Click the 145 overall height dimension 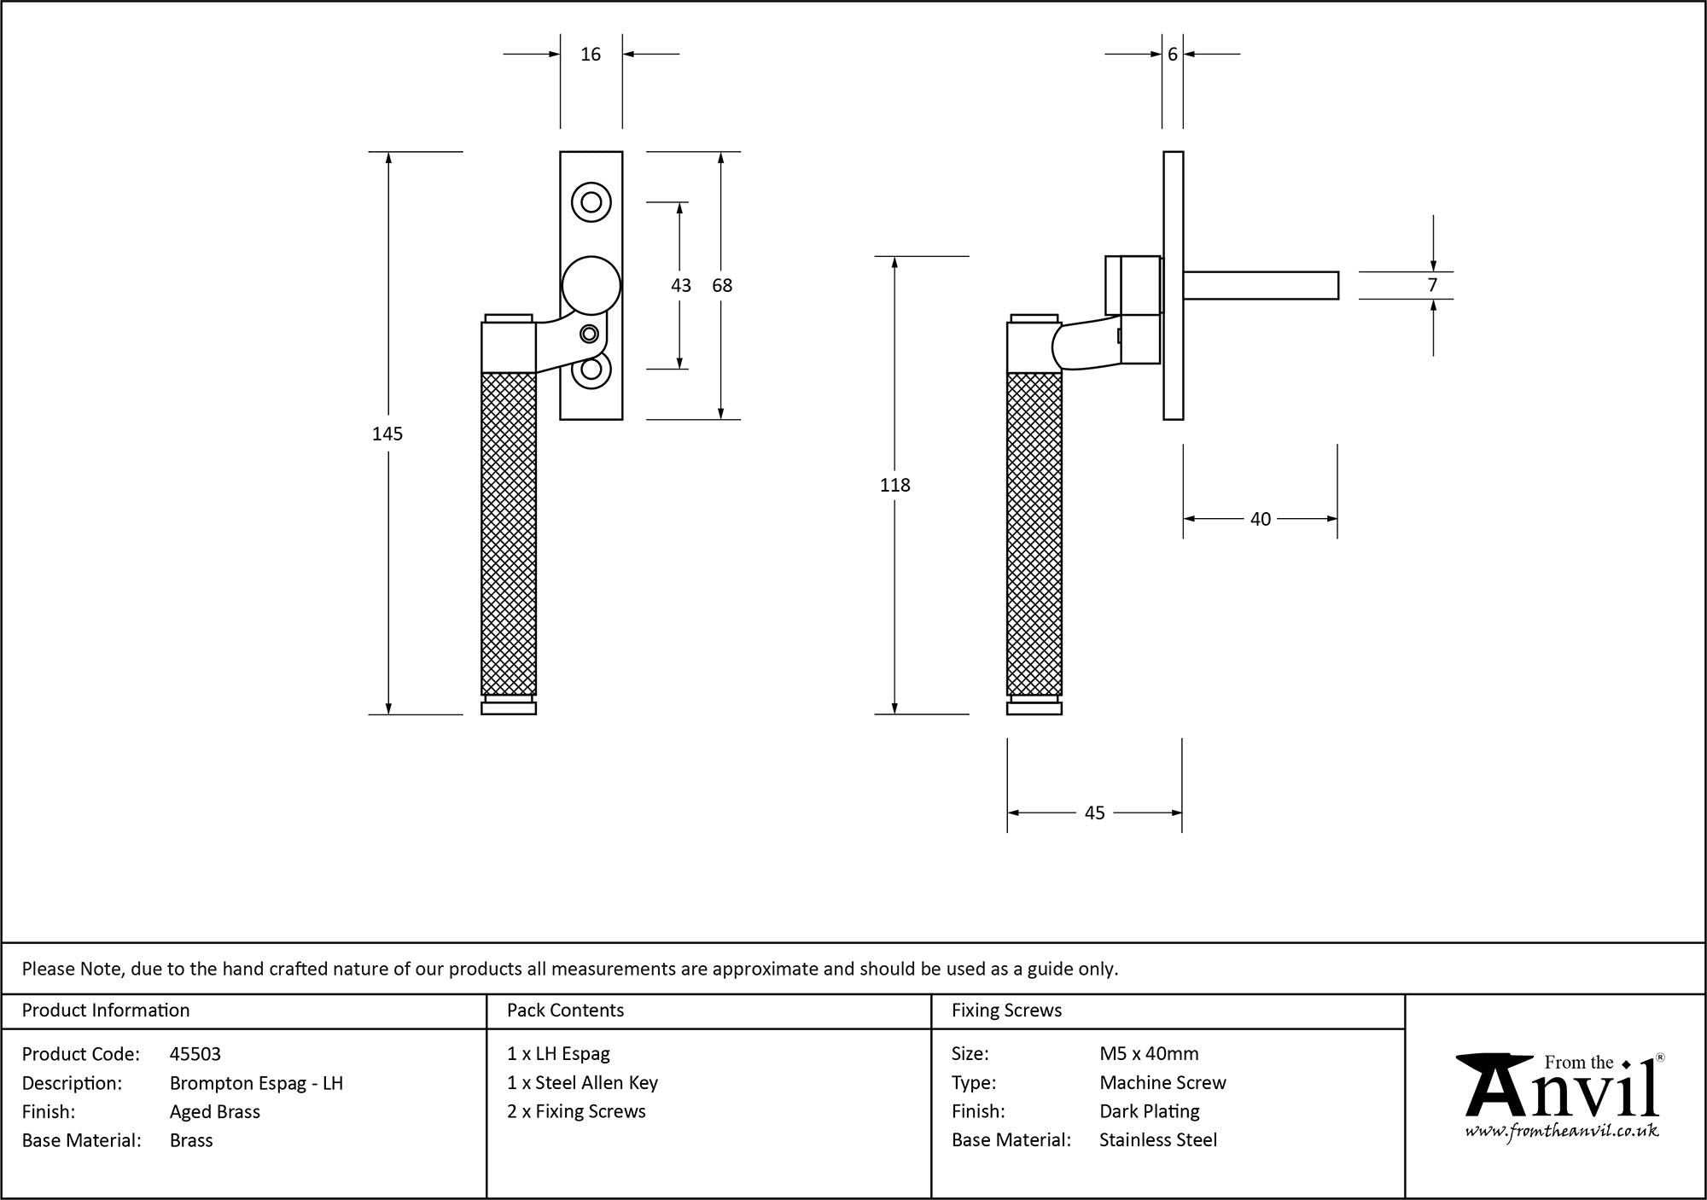pos(387,434)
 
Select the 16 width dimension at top pos(591,55)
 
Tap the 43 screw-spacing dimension pos(680,285)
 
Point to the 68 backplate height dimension pos(722,285)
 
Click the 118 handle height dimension pos(894,485)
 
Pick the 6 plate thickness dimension pos(1173,55)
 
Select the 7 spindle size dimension pos(1432,285)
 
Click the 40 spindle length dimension pos(1260,519)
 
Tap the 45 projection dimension pos(1094,813)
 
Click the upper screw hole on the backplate pos(591,203)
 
